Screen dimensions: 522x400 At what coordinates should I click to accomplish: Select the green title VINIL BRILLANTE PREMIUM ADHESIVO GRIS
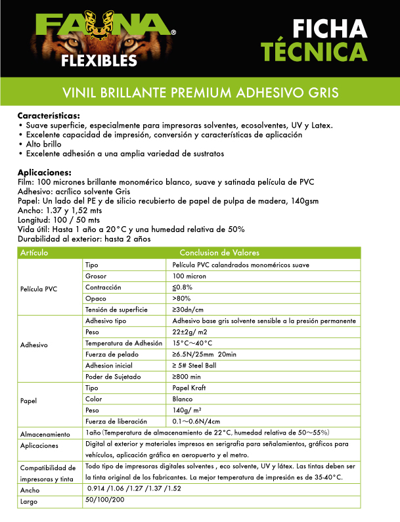pos(200,91)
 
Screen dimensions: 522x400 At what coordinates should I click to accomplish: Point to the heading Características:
pos(49,116)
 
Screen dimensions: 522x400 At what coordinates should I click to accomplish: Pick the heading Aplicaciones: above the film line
pos(44,173)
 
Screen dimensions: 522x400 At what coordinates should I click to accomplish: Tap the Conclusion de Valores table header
pos(219,253)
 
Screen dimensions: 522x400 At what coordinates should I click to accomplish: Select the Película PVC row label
pos(39,287)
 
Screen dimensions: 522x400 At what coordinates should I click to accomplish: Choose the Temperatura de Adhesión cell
pos(123,343)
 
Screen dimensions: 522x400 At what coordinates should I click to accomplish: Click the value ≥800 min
pos(187,377)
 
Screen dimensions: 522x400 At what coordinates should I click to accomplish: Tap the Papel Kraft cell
pos(189,388)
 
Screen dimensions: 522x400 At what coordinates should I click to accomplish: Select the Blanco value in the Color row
pos(183,399)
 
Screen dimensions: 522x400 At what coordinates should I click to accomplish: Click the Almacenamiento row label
pos(44,435)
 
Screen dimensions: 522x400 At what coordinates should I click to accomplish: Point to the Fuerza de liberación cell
pos(116,421)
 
